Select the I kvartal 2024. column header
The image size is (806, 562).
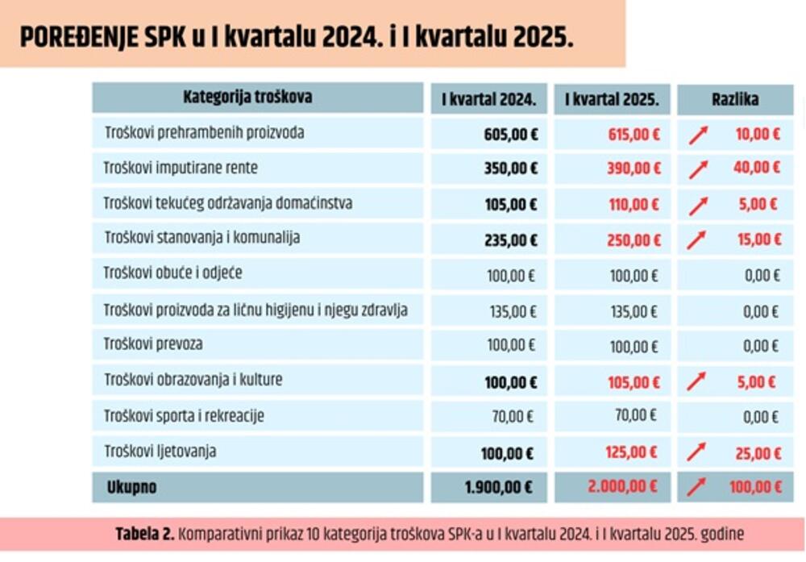488,100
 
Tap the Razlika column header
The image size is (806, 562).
734,100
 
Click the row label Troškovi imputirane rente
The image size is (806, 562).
181,169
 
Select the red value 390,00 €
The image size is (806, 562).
634,169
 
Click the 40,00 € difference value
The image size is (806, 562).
758,169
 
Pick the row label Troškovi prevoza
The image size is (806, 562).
153,344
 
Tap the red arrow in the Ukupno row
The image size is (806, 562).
697,487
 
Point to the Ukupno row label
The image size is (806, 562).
131,488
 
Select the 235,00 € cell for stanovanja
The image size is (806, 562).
511,239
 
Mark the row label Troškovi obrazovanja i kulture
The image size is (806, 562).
193,379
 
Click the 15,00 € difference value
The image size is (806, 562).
758,239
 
